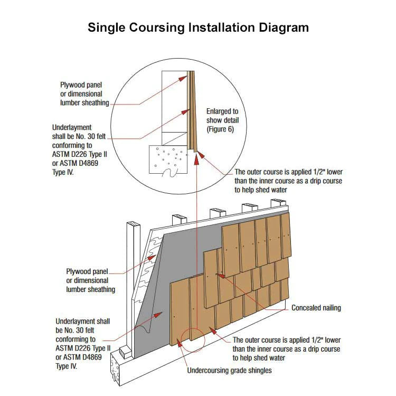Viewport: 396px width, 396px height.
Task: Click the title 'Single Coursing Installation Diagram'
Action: (x=198, y=27)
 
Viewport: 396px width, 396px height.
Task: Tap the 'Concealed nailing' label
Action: (x=316, y=308)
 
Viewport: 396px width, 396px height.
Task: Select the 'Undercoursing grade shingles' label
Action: (x=229, y=370)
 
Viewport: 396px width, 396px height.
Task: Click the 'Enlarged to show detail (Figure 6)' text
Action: (x=222, y=120)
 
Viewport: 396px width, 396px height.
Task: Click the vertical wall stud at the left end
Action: (x=130, y=285)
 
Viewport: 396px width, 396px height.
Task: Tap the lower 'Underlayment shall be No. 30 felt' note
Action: (x=83, y=343)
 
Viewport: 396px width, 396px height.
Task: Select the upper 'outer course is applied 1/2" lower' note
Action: (x=288, y=181)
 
